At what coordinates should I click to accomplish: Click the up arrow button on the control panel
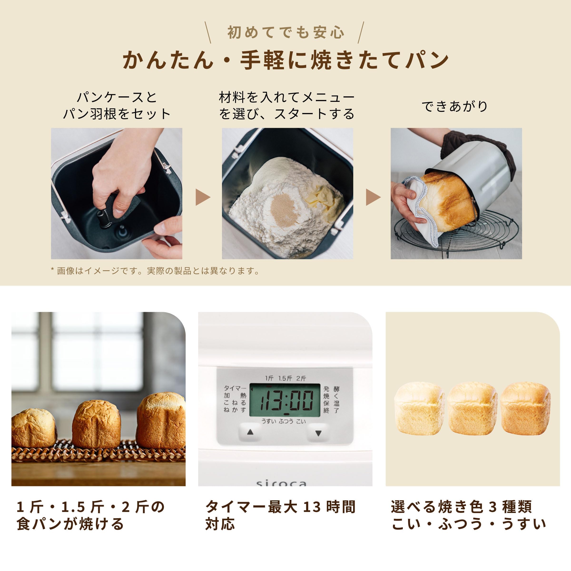tap(250, 432)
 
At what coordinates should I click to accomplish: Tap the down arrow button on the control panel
tap(318, 433)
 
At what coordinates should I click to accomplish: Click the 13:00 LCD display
tap(285, 400)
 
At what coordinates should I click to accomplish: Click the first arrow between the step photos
tap(203, 197)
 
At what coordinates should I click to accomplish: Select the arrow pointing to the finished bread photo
tap(373, 197)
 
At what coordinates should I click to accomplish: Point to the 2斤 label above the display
tap(301, 379)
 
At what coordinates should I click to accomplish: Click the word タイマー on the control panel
tap(234, 388)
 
